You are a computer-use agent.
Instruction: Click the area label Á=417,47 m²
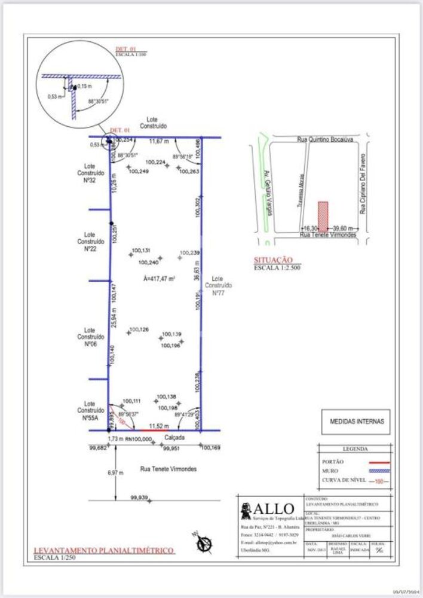coord(158,279)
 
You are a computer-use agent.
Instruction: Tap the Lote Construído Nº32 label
coord(90,172)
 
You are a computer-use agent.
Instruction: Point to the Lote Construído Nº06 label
coord(90,337)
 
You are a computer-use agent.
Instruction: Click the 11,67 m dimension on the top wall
coord(159,142)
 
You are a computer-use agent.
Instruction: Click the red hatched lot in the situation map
coord(323,215)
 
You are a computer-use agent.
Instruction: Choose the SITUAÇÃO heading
coord(273,260)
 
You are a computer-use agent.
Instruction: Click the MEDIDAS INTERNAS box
coord(355,422)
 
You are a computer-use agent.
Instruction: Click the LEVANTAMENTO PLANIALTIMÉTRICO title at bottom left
coord(103,550)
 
